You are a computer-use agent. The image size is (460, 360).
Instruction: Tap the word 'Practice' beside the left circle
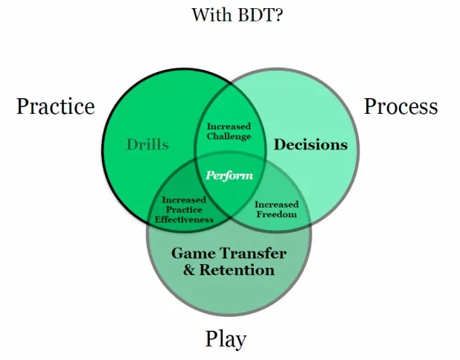pos(56,106)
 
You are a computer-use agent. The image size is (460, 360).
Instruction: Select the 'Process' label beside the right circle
pos(400,106)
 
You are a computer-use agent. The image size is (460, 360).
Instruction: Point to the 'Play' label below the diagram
pos(226,340)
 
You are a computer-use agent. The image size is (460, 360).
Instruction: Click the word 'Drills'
pos(147,144)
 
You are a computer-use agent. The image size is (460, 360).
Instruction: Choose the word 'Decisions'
pos(310,144)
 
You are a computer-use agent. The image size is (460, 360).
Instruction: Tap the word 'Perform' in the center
pos(229,176)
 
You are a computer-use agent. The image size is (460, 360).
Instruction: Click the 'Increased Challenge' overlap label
pos(229,131)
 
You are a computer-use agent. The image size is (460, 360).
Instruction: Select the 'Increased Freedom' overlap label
pos(276,209)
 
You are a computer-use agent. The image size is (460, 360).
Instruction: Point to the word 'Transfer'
pos(255,252)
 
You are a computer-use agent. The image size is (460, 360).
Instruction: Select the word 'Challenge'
pos(229,136)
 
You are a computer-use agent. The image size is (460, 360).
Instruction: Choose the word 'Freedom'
pos(276,214)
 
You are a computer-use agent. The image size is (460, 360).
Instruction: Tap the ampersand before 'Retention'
pos(190,269)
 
